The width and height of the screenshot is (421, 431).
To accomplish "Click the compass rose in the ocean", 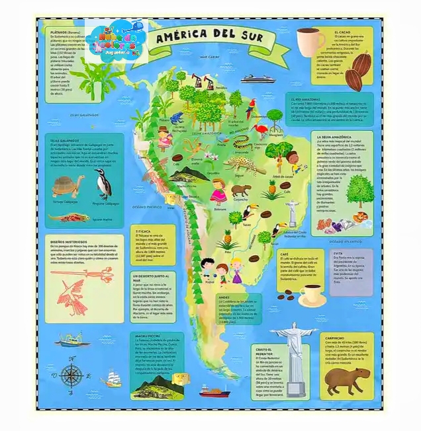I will [71, 375].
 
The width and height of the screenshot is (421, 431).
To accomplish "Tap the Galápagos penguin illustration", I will [103, 183].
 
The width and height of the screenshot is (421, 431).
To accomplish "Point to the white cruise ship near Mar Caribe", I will [252, 78].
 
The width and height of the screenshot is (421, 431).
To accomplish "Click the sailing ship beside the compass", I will [111, 379].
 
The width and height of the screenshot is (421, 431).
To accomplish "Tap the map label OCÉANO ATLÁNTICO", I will [345, 242].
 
